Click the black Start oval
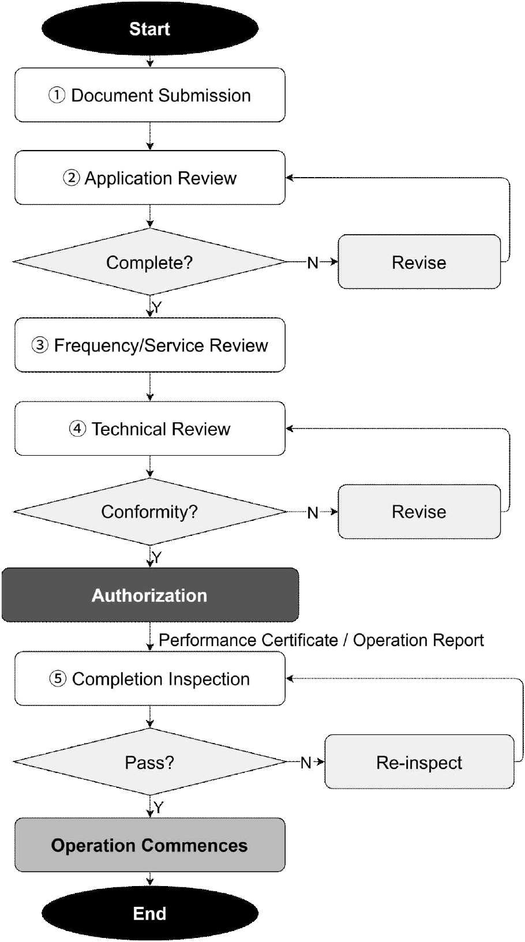click(x=150, y=29)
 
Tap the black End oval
click(x=150, y=913)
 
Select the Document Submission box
click(x=150, y=95)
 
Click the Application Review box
click(x=150, y=178)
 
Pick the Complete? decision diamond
click(x=150, y=261)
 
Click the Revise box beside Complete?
click(x=419, y=261)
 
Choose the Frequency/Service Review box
click(x=150, y=345)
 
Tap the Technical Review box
click(x=150, y=429)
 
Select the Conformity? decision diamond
click(x=150, y=511)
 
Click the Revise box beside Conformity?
click(x=419, y=511)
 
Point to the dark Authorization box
click(x=150, y=595)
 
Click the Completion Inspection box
click(x=150, y=678)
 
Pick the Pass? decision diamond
click(x=150, y=761)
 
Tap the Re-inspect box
click(x=419, y=761)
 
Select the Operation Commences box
click(x=150, y=845)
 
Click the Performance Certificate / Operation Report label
click(x=321, y=640)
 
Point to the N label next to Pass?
click(x=306, y=763)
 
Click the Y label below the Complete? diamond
click(x=156, y=307)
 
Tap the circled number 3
click(x=40, y=346)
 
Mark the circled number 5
click(x=58, y=679)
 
